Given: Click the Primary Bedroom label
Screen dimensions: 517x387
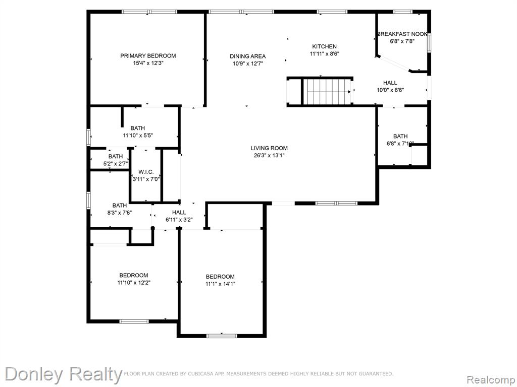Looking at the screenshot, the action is point(148,56).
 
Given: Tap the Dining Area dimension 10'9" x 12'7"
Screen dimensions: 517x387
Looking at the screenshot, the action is point(247,64).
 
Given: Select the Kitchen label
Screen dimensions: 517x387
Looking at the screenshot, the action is point(325,46).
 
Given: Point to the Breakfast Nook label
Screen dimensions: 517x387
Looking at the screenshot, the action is point(402,34).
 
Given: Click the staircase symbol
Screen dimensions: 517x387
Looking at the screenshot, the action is point(327,92).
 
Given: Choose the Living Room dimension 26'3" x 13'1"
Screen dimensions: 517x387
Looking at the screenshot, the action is point(269,155).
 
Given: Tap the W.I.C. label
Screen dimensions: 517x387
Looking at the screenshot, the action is point(146,172).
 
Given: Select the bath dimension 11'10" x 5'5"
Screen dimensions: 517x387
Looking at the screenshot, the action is point(138,135).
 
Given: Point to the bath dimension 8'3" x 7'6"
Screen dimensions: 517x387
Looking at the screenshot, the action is point(119,213).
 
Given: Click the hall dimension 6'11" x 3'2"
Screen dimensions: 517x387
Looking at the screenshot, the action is point(179,220).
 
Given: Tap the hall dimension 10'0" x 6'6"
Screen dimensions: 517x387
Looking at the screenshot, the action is point(390,90).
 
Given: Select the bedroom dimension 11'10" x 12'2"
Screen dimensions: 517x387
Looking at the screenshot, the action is point(134,282).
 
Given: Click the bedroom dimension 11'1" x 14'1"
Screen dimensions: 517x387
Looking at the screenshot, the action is point(220,284).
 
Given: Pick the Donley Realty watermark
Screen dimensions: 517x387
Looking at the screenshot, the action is point(64,374).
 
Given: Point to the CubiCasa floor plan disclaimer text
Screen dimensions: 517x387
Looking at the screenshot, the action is point(258,373).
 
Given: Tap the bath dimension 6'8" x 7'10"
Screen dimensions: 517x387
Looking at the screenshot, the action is point(400,144).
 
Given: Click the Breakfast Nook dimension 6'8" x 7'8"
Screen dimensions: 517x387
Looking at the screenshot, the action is point(402,41).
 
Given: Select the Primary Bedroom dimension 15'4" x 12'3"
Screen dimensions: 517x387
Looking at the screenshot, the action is point(148,63).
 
